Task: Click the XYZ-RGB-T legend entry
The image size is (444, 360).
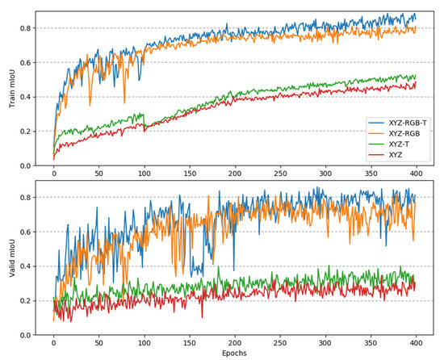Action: [401, 122]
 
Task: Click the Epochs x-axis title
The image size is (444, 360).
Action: [234, 353]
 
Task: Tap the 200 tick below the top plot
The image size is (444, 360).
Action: [234, 173]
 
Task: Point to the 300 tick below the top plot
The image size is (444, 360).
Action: [324, 173]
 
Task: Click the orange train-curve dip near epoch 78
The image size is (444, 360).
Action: [124, 103]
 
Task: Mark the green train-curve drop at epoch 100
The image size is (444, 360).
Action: [145, 128]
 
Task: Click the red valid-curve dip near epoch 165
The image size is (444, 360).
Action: [203, 316]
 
